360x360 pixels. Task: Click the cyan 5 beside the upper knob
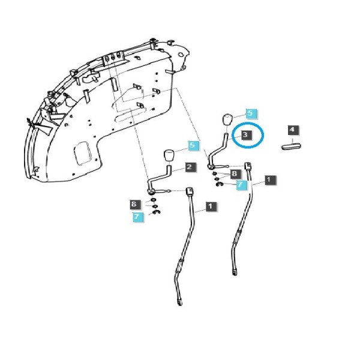click(x=251, y=113)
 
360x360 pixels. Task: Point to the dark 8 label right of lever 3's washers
click(x=235, y=173)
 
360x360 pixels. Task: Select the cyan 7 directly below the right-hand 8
click(x=241, y=185)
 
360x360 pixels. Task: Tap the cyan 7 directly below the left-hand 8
click(x=138, y=217)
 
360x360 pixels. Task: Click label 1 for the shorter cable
click(x=270, y=180)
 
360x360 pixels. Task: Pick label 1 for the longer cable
click(x=211, y=206)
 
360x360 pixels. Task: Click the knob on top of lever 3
click(x=227, y=119)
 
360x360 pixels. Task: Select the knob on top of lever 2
click(x=169, y=156)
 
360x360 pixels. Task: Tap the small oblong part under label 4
click(x=291, y=146)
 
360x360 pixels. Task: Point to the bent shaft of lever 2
click(x=161, y=178)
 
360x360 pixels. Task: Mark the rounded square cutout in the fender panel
click(x=83, y=153)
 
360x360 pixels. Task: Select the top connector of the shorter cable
click(x=248, y=166)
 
